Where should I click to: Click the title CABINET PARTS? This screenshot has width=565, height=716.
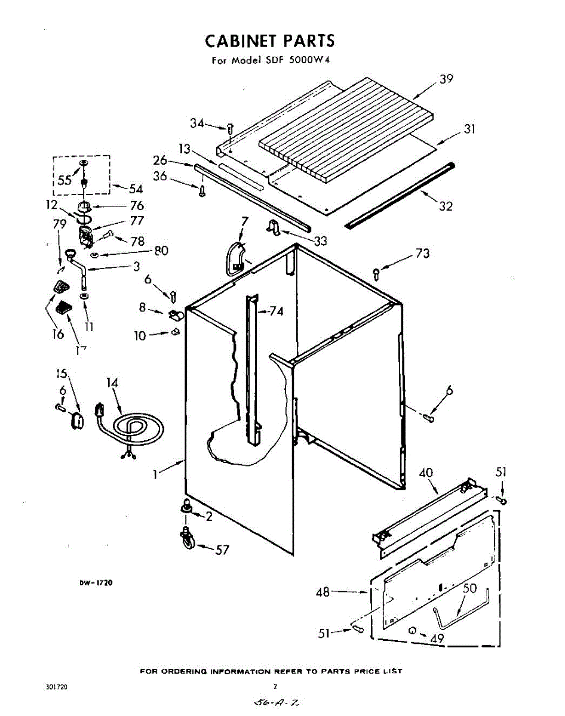(270, 41)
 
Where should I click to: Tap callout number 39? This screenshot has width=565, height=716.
(446, 79)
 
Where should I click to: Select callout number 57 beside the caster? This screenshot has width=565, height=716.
(222, 550)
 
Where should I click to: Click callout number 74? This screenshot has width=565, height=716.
(276, 311)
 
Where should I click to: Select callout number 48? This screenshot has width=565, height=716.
(323, 592)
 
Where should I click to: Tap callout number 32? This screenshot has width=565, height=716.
(446, 206)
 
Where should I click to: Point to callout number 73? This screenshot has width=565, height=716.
(422, 254)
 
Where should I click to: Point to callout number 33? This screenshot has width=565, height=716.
(321, 241)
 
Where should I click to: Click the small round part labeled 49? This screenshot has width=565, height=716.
(413, 631)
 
